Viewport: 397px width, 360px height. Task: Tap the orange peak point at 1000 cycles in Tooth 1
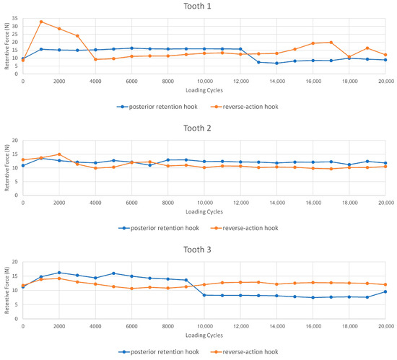[41, 22]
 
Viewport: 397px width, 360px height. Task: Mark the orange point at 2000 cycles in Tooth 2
[59, 154]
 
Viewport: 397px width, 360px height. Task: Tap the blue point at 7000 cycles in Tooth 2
[150, 165]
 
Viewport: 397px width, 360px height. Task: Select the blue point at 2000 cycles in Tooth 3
[59, 273]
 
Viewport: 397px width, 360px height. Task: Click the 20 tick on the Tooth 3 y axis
[15, 261]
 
